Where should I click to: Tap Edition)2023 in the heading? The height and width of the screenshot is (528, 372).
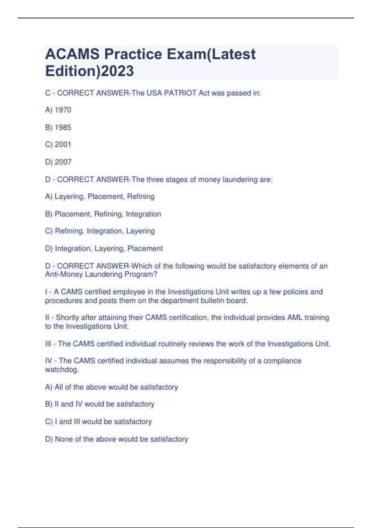[x=90, y=71]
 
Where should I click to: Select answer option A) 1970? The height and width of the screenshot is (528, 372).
[x=58, y=110]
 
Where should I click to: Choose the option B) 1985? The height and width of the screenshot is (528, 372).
[x=58, y=127]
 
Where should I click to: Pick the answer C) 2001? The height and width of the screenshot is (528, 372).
[x=58, y=144]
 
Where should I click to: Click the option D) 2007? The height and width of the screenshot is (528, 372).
[x=58, y=162]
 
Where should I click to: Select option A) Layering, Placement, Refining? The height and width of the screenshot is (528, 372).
[x=100, y=197]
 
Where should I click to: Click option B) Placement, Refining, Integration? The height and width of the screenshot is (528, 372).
[x=103, y=214]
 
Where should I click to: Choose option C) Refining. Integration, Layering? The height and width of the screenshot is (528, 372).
[x=100, y=231]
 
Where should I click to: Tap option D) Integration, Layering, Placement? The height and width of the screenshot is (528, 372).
[x=104, y=248]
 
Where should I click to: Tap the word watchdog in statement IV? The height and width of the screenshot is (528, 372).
[x=62, y=370]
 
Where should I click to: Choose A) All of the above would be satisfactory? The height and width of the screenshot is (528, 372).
[x=112, y=387]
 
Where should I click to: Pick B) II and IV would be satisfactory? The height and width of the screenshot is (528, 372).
[x=100, y=404]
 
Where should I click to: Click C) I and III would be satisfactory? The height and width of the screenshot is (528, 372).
[x=98, y=421]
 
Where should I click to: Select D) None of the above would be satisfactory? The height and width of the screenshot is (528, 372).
[x=117, y=439]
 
